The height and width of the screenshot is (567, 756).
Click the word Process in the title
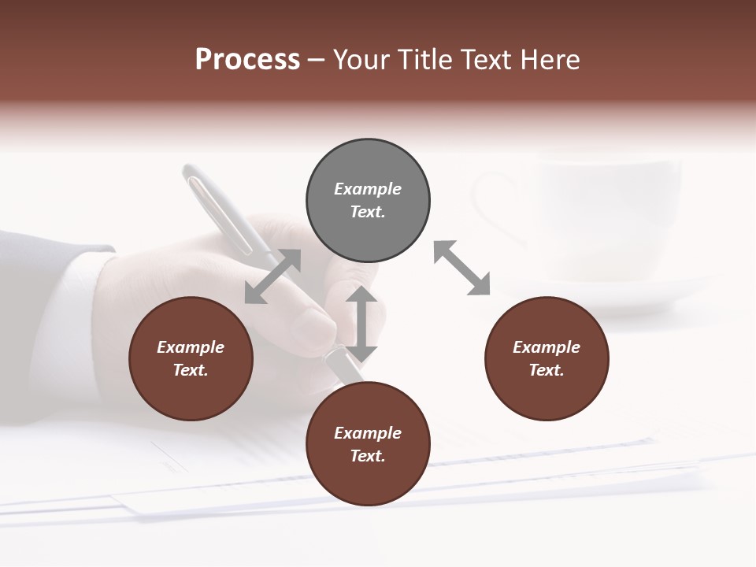point(247,60)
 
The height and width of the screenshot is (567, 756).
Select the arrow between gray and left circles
point(272,276)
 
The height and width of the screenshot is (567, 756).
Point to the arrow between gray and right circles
point(462,268)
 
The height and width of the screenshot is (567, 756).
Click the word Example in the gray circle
point(368,189)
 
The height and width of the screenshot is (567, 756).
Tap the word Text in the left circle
point(191,370)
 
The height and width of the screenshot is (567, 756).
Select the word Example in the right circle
point(547,347)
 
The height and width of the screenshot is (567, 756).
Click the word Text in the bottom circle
point(368,456)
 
